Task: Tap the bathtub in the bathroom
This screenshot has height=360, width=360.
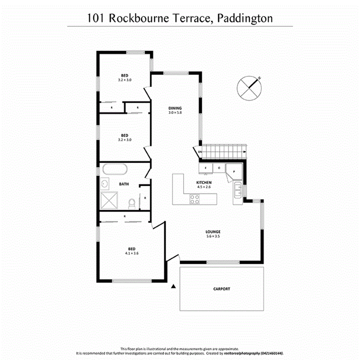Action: pyautogui.click(x=114, y=170)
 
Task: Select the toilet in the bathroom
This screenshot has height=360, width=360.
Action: pyautogui.click(x=131, y=202)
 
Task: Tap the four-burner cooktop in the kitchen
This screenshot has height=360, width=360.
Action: pyautogui.click(x=194, y=199)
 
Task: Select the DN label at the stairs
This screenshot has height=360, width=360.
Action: pyautogui.click(x=200, y=152)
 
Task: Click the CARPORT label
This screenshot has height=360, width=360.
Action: pyautogui.click(x=222, y=289)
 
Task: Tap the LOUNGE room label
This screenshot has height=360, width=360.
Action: pyautogui.click(x=212, y=232)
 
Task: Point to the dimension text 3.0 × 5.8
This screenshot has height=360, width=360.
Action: pyautogui.click(x=175, y=113)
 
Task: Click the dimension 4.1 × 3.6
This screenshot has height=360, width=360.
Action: pyautogui.click(x=124, y=253)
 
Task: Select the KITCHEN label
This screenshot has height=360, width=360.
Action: pyautogui.click(x=204, y=182)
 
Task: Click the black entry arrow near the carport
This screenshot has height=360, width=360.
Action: pyautogui.click(x=173, y=286)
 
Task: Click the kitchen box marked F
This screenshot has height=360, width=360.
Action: pyautogui.click(x=205, y=168)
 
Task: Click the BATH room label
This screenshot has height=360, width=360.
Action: pyautogui.click(x=124, y=184)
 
